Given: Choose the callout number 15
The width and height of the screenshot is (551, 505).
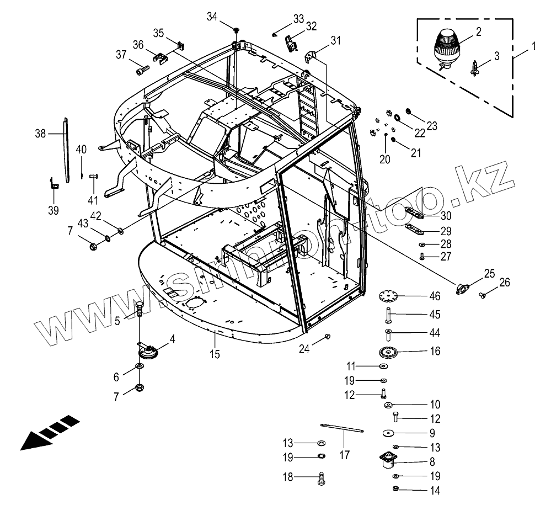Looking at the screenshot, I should tap(215, 354).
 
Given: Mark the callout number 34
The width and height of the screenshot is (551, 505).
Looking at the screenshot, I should tap(212, 17).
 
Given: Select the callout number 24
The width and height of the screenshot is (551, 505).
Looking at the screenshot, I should tap(304, 348).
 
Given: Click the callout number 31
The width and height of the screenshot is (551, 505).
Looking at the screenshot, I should tap(336, 40).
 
